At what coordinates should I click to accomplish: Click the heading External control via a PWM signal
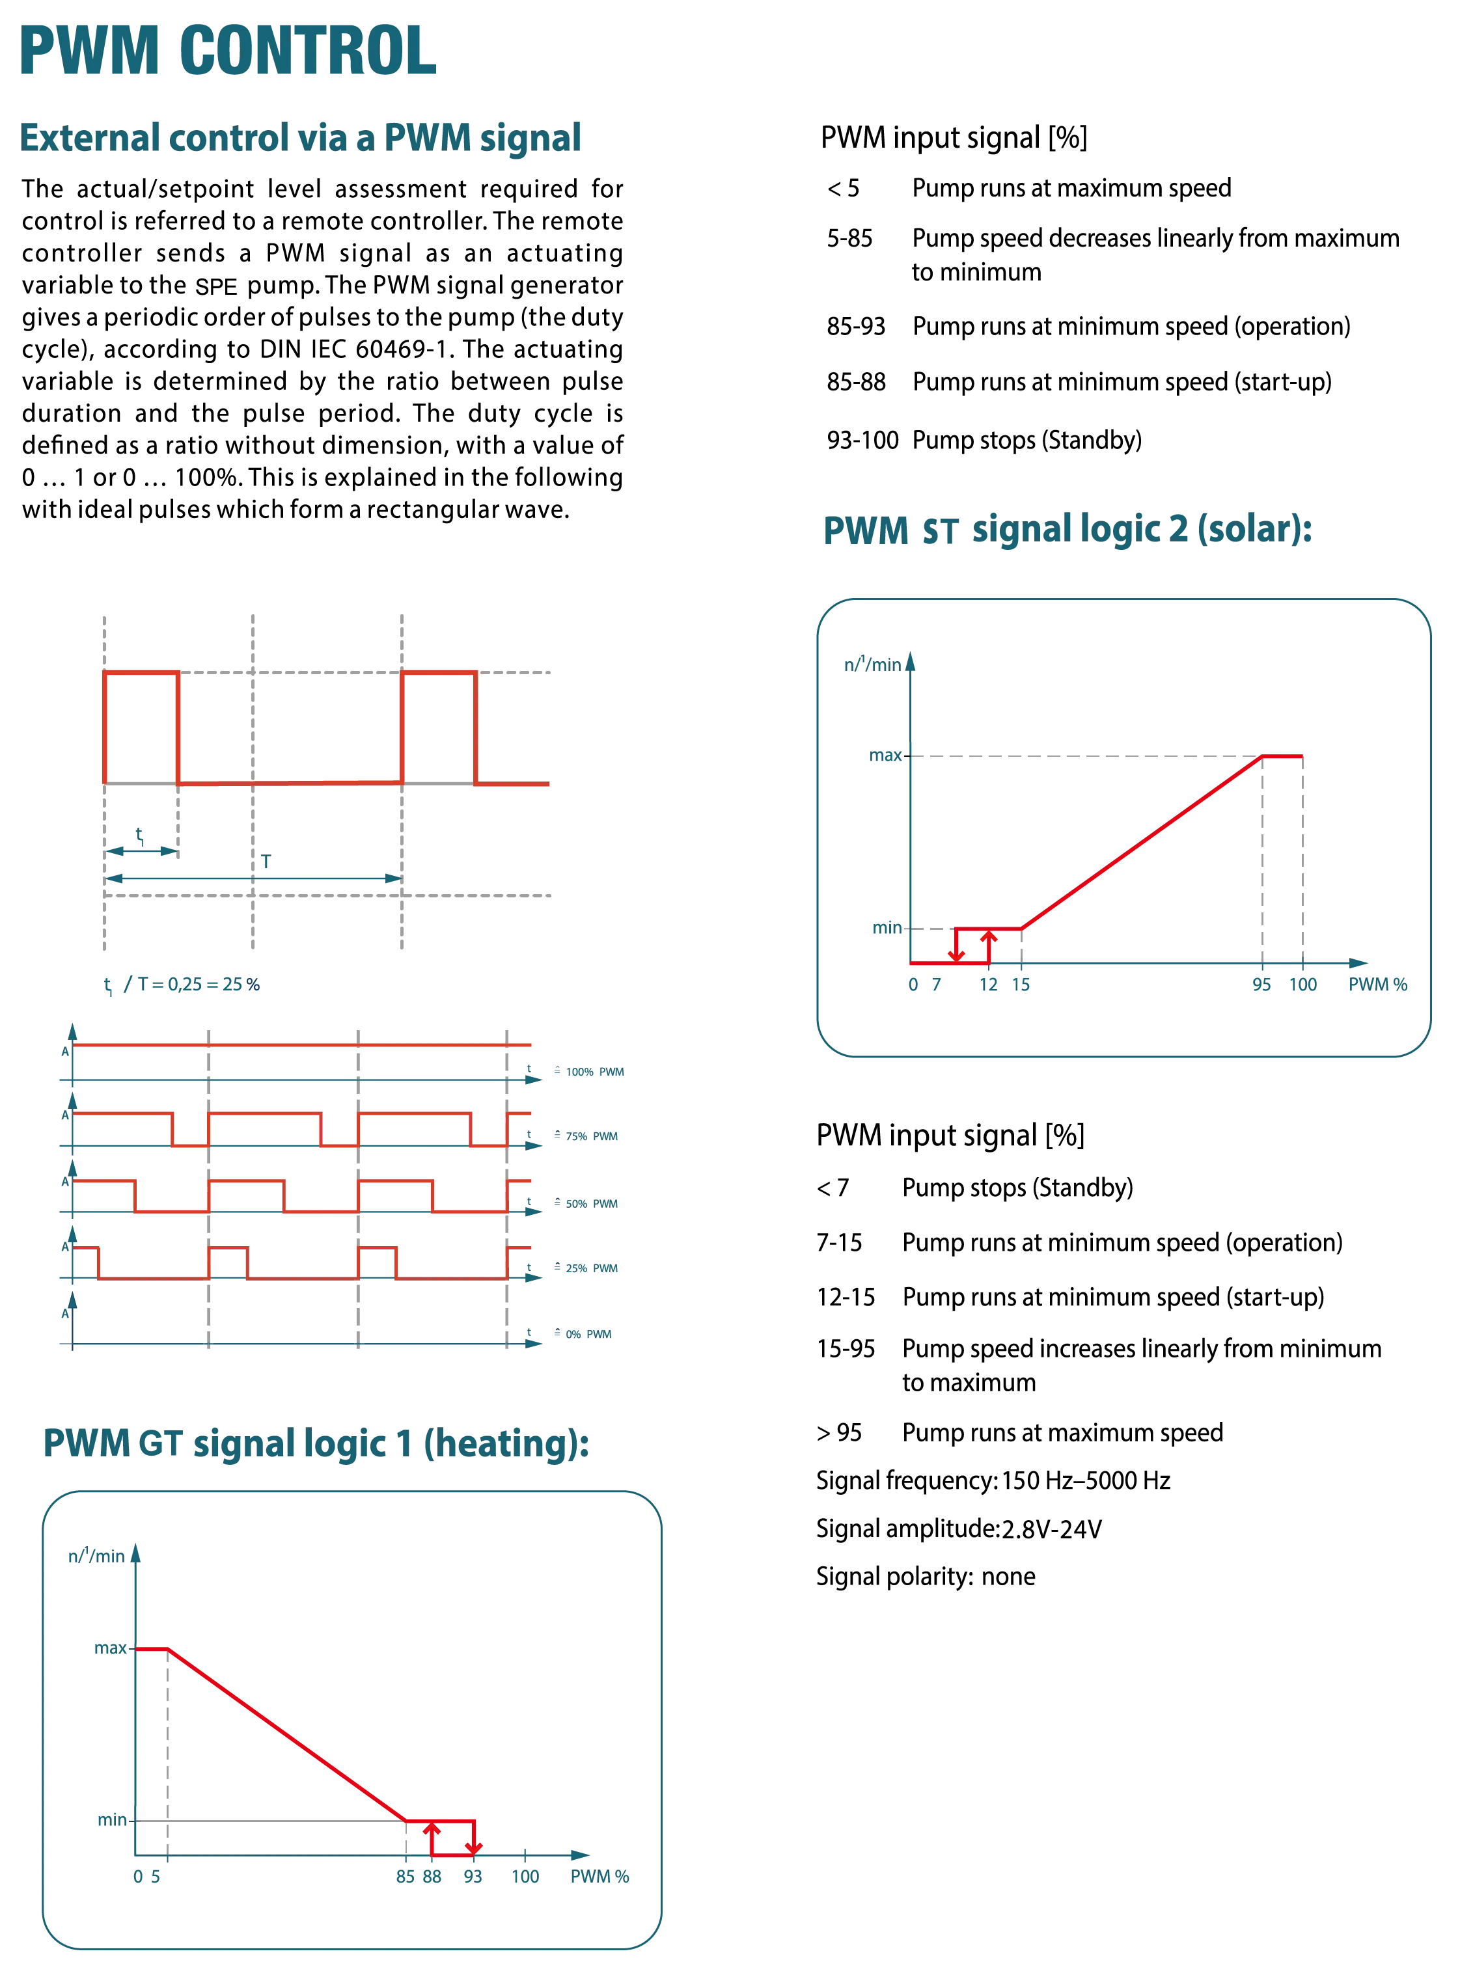coord(301,138)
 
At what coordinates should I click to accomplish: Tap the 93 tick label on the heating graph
coord(473,1876)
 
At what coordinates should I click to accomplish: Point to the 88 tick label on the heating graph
coord(432,1876)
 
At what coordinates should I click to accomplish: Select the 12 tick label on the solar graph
coord(988,985)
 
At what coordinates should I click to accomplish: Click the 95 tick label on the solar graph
coord(1261,985)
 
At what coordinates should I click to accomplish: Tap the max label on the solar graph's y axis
coord(885,755)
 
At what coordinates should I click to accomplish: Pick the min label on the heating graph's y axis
coord(112,1819)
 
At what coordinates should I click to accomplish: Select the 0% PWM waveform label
coord(588,1334)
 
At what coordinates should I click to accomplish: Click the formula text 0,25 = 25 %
coord(214,985)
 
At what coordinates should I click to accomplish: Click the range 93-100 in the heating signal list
coord(862,440)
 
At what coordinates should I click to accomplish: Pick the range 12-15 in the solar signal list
coord(846,1297)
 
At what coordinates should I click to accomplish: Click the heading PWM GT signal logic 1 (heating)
coord(316,1444)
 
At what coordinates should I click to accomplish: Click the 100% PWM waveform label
coord(595,1072)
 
